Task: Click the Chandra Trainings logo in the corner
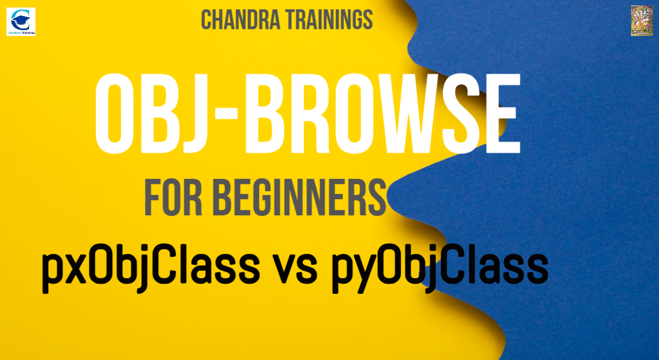click(21, 21)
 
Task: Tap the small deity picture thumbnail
click(642, 21)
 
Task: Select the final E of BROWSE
click(503, 114)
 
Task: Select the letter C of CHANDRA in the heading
click(207, 20)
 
